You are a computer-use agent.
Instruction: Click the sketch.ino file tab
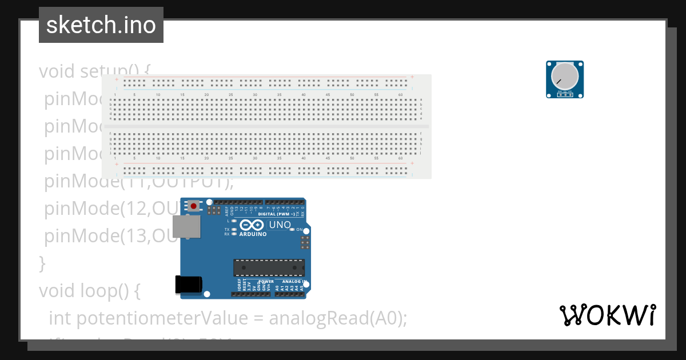[x=101, y=25]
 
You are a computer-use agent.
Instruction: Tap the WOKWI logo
[x=607, y=315]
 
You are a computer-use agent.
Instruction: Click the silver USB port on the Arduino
[x=186, y=226]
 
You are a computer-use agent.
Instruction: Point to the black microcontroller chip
[x=269, y=267]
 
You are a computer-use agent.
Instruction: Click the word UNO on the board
[x=280, y=225]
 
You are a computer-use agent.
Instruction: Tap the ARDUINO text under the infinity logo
[x=253, y=234]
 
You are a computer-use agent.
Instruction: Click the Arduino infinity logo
[x=253, y=225]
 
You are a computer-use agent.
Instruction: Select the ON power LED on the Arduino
[x=292, y=229]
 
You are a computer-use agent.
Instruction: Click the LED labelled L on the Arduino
[x=233, y=220]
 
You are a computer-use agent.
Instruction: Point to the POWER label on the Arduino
[x=266, y=281]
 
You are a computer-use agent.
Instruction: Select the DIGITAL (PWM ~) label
[x=277, y=214]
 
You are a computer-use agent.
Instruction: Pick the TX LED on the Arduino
[x=233, y=229]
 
